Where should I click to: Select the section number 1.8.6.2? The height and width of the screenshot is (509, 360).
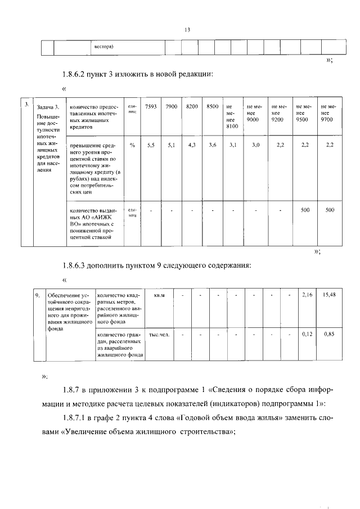(77, 75)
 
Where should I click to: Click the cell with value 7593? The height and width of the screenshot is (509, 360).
(151, 106)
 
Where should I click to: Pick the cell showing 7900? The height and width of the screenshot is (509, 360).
(172, 106)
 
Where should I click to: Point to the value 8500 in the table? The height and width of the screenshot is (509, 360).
(212, 106)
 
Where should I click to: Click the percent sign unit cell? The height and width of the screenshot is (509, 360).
(132, 145)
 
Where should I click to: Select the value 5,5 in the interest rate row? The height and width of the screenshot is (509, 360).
(151, 145)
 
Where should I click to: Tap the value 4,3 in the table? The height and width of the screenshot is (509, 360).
(191, 145)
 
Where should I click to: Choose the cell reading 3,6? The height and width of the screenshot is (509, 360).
(212, 145)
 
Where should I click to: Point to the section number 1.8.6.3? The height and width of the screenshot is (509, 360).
(77, 265)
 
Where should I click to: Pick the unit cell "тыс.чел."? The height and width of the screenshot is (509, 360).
(159, 334)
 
